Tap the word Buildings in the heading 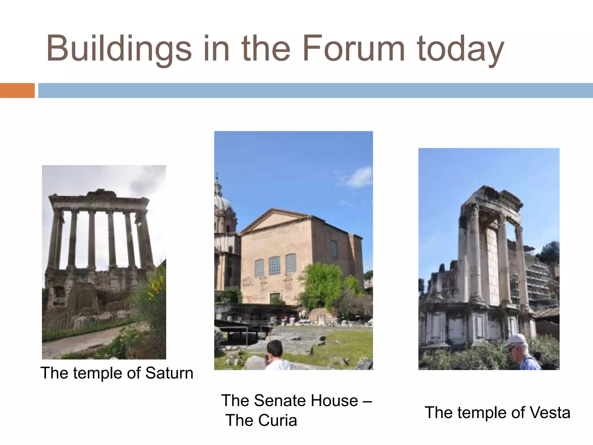point(119,49)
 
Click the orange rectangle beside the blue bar point(17,90)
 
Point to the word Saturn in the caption point(169,373)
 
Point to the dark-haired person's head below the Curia point(274,349)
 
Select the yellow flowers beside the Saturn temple point(156,284)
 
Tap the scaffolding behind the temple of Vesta point(536,284)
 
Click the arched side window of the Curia point(334,249)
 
